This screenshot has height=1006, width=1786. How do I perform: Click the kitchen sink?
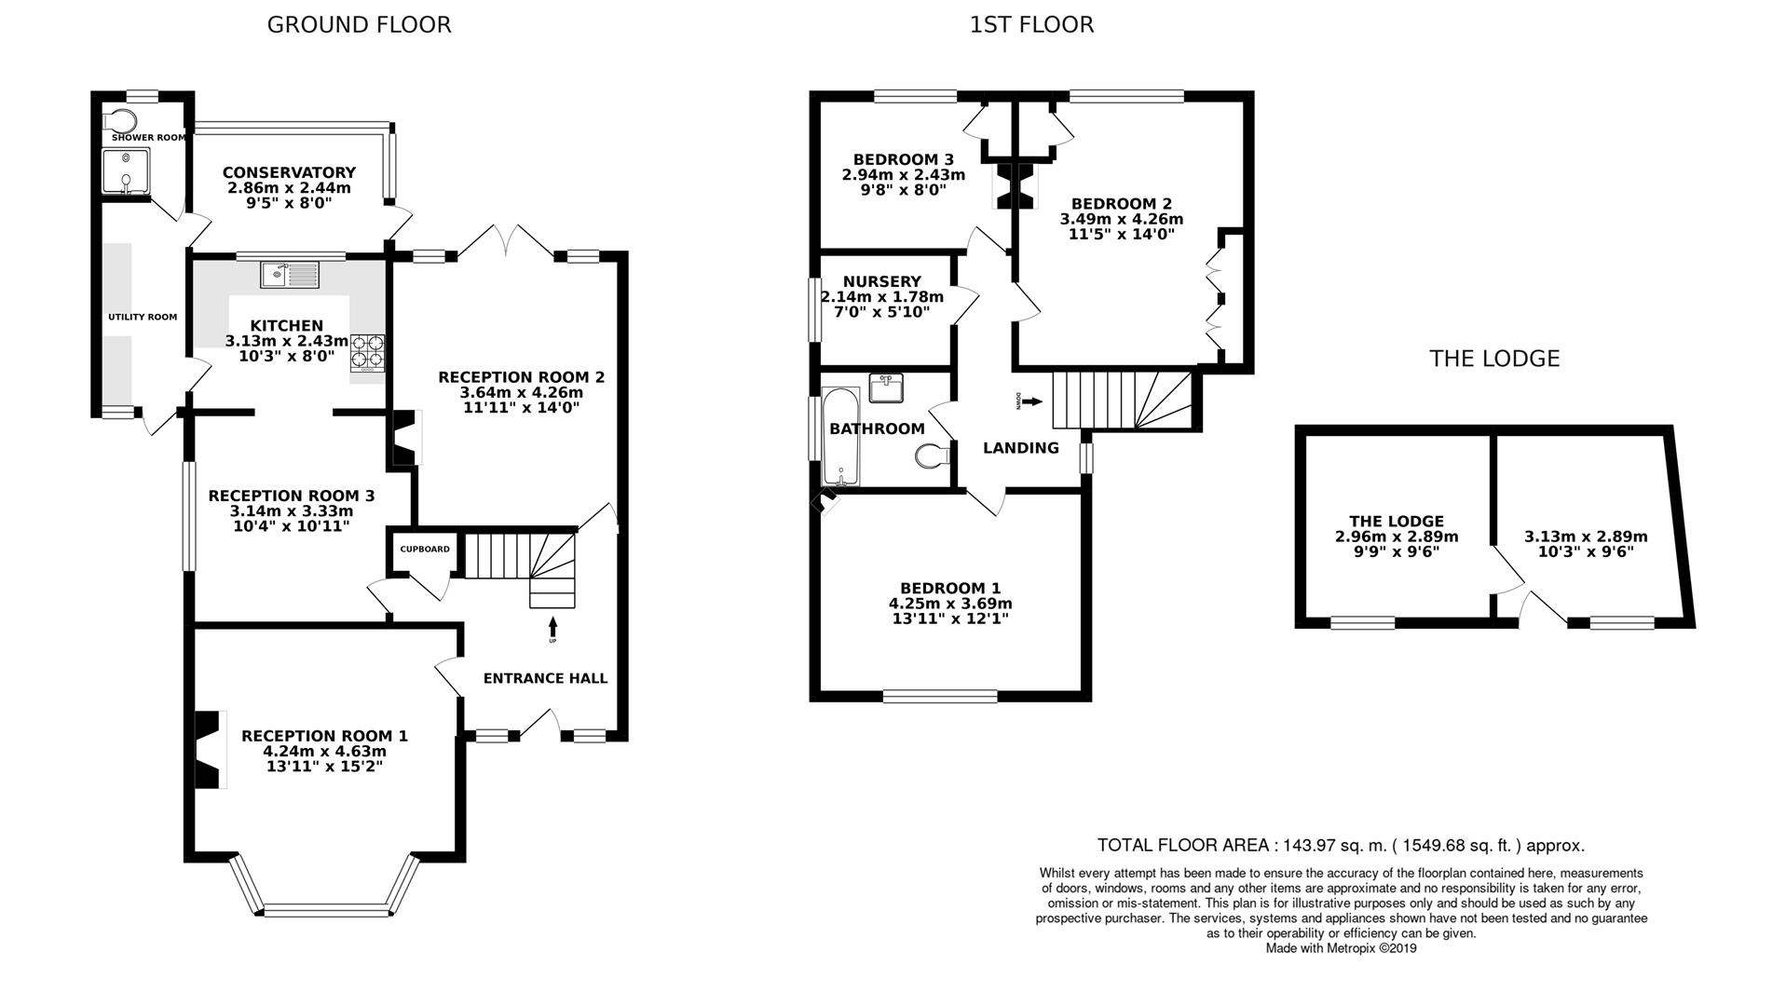coord(290,274)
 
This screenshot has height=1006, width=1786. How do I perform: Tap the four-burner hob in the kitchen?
coord(367,353)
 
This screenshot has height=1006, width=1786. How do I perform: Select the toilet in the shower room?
coord(118,120)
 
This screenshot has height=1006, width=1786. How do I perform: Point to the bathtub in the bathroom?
coord(840,437)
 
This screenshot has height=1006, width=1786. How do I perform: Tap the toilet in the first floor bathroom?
coord(933,456)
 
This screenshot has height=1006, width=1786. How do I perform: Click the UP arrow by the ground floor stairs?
coord(552,628)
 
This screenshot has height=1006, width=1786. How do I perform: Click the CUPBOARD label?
coord(425,549)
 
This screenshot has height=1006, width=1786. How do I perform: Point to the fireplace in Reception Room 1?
coord(209,750)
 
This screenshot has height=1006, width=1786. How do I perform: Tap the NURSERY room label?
coord(881,281)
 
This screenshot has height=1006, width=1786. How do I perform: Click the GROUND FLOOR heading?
coord(359,24)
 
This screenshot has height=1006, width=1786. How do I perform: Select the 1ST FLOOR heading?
coord(1031,24)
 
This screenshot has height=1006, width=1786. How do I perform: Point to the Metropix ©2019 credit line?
coord(1341,948)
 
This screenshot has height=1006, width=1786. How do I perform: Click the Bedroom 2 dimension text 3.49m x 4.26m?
coord(1121,220)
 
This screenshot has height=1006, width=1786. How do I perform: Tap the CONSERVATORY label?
coord(289,172)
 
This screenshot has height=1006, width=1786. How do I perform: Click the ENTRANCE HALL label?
coord(545,678)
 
